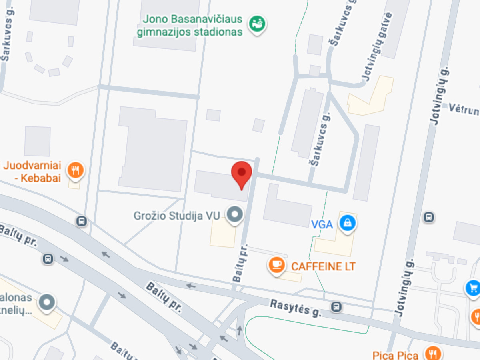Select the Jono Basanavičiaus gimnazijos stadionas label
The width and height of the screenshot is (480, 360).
pyautogui.click(x=190, y=26)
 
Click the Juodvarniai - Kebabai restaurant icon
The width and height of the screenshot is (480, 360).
pyautogui.click(x=75, y=170)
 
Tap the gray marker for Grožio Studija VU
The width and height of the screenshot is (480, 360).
pyautogui.click(x=235, y=214)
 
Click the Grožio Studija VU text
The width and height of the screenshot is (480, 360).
pyautogui.click(x=177, y=216)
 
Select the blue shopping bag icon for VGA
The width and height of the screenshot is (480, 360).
pyautogui.click(x=347, y=222)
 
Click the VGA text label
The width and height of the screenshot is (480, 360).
pyautogui.click(x=322, y=224)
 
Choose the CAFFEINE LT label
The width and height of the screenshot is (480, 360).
pyautogui.click(x=323, y=266)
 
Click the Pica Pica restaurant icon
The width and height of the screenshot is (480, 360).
pyautogui.click(x=433, y=354)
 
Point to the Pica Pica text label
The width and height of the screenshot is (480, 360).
pyautogui.click(x=395, y=355)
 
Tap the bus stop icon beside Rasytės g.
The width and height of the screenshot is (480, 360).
pyautogui.click(x=336, y=307)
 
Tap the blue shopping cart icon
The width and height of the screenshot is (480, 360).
pyautogui.click(x=473, y=287)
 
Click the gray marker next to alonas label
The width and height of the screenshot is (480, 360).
pyautogui.click(x=47, y=302)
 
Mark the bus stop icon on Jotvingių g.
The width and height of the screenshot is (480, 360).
pyautogui.click(x=428, y=217)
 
